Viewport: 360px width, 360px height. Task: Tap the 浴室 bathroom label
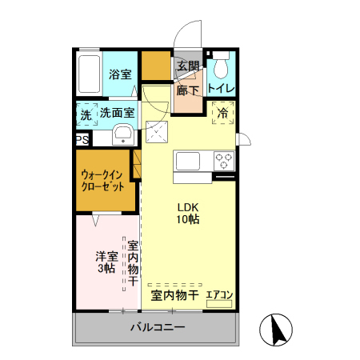pos(121,74)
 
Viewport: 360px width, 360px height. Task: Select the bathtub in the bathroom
pos(88,73)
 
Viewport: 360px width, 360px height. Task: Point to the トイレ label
pos(220,87)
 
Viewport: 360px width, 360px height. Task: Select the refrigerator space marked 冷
pos(222,114)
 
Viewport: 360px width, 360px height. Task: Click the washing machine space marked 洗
pos(86,114)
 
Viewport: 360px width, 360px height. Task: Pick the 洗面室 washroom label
pos(117,114)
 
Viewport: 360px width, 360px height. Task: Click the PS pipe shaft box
pos(82,139)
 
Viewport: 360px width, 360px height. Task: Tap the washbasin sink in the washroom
pos(122,134)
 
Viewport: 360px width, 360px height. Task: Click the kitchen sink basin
pos(191,160)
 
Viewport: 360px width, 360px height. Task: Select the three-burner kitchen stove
pos(223,160)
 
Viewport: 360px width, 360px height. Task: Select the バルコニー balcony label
pos(158,328)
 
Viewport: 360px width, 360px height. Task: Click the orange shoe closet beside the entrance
pos(156,66)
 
